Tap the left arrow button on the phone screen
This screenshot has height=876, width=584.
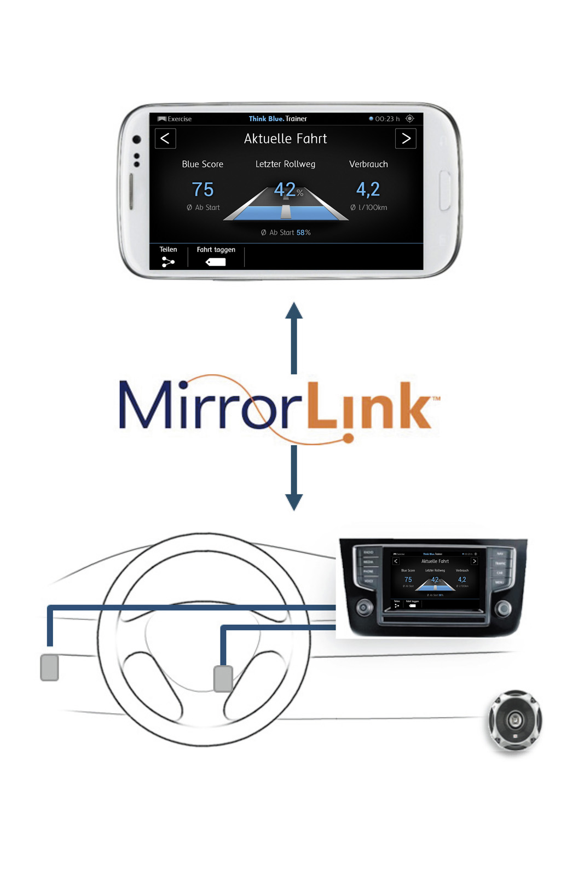click(x=165, y=139)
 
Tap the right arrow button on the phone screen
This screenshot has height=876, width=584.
click(x=406, y=139)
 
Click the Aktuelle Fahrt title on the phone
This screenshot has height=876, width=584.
click(x=285, y=139)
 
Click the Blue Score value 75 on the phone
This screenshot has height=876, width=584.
click(x=203, y=189)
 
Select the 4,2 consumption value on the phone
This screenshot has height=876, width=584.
click(x=368, y=189)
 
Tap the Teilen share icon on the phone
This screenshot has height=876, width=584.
click(x=168, y=262)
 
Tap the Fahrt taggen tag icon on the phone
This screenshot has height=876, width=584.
click(x=216, y=262)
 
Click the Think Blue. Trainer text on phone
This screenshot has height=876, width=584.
click(x=277, y=119)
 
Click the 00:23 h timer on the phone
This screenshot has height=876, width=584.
click(x=386, y=119)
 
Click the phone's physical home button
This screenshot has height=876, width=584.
click(x=445, y=191)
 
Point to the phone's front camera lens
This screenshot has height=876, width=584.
click(x=137, y=140)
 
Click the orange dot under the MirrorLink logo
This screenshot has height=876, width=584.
click(x=348, y=438)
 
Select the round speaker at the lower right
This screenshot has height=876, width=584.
click(x=515, y=720)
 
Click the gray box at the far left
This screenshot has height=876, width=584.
click(x=50, y=667)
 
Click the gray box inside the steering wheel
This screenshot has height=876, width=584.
click(x=223, y=678)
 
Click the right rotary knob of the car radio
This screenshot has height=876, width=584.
click(x=504, y=608)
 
